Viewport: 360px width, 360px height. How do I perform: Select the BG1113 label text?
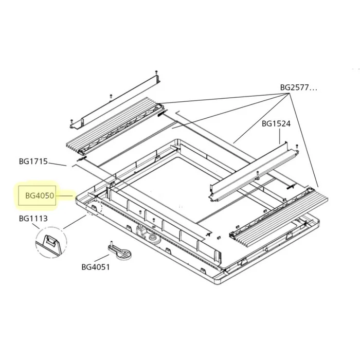tap(33, 219)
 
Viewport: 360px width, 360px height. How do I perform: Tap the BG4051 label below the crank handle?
tap(96, 266)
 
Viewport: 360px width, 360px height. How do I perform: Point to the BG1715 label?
tap(33, 161)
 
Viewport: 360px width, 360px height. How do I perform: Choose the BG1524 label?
tap(276, 123)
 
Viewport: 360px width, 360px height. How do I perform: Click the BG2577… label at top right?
tap(298, 87)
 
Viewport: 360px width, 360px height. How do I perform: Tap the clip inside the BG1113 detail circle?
tap(51, 241)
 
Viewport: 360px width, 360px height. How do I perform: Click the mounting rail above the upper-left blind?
tap(115, 100)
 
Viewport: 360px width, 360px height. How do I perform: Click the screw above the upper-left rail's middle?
tap(110, 95)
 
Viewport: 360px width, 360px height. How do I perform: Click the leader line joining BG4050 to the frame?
tap(66, 195)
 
